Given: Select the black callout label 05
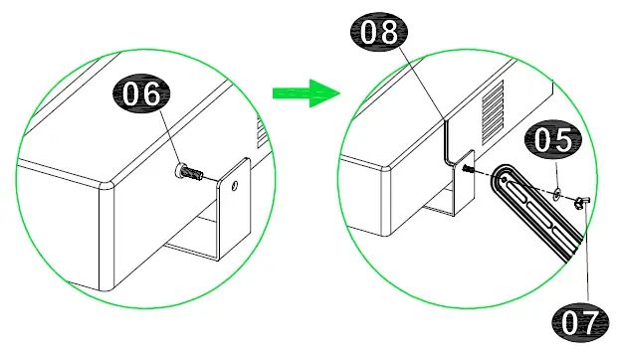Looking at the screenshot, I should point(549,142).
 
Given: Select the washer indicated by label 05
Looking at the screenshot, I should point(556,190).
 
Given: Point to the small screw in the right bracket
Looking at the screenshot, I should point(465,170).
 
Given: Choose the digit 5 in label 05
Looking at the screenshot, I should point(563,142).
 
